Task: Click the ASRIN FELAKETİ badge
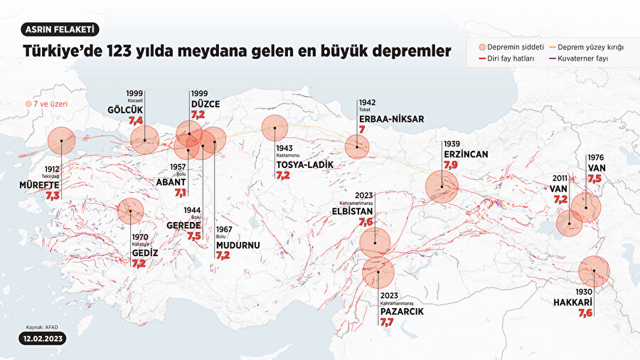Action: point(60,30)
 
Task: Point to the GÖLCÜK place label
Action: point(124,110)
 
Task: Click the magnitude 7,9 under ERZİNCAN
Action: point(451,165)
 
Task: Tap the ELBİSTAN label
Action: point(352,211)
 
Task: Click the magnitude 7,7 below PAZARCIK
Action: point(387,322)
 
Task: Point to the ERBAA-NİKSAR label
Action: point(391,119)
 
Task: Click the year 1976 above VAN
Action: point(596,159)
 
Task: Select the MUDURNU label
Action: point(238,245)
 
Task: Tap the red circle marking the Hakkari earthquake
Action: point(594,272)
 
